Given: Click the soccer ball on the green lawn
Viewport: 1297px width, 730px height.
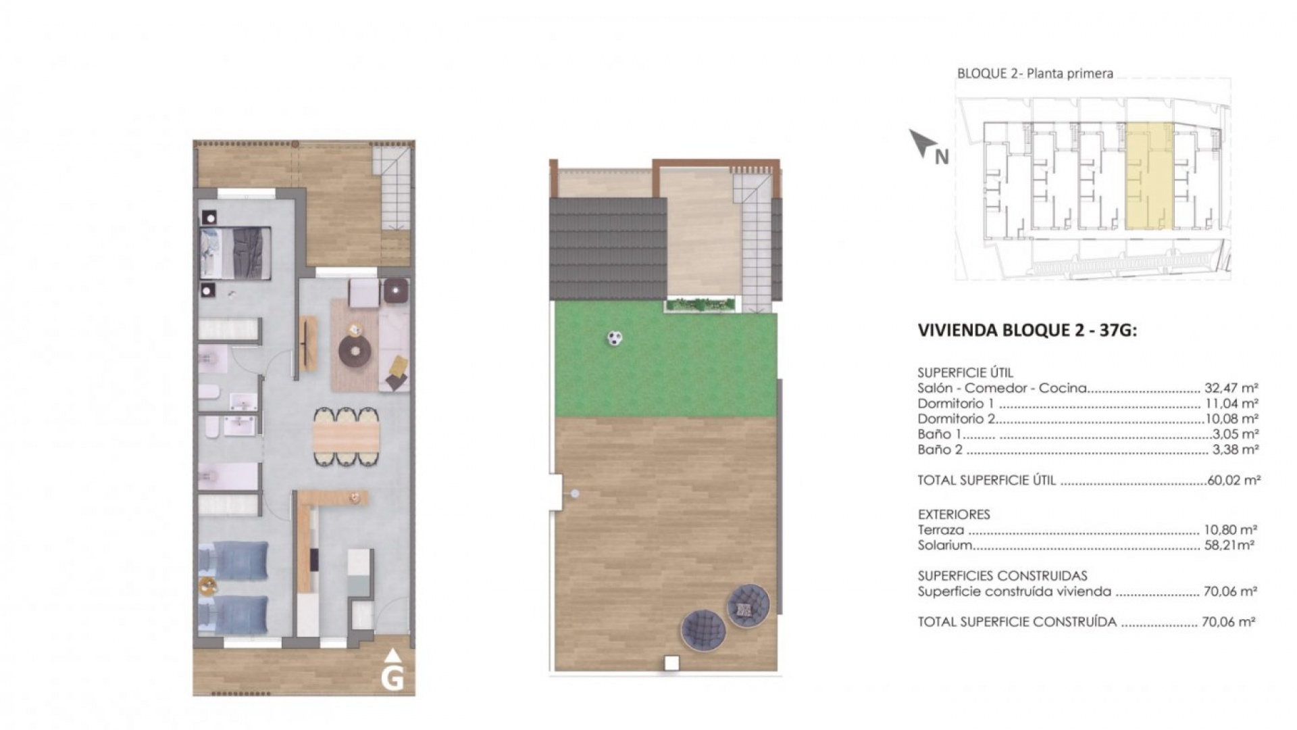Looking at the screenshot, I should pyautogui.click(x=613, y=338).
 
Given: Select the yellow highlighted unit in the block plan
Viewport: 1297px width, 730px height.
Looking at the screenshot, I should pyautogui.click(x=1148, y=177).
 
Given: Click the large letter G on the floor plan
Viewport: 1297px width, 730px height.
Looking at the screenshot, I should pyautogui.click(x=392, y=678).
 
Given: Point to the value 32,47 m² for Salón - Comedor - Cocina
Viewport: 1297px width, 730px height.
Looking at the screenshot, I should pyautogui.click(x=1231, y=389).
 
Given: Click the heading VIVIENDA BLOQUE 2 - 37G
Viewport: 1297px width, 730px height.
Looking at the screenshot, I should pyautogui.click(x=1027, y=331).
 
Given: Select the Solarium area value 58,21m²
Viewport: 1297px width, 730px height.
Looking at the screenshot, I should pyautogui.click(x=1229, y=545).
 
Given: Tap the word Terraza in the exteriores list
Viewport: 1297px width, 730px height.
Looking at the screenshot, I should pyautogui.click(x=940, y=531).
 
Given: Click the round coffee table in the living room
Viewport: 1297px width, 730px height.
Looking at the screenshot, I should pyautogui.click(x=355, y=351).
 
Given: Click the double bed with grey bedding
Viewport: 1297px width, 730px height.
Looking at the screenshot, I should pyautogui.click(x=236, y=253).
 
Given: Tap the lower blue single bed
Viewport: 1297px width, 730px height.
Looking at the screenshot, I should pyautogui.click(x=234, y=614).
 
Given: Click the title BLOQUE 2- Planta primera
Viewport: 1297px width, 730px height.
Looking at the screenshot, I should pyautogui.click(x=1034, y=74).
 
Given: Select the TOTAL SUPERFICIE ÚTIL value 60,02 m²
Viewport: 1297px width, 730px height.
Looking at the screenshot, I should pyautogui.click(x=1234, y=481).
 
